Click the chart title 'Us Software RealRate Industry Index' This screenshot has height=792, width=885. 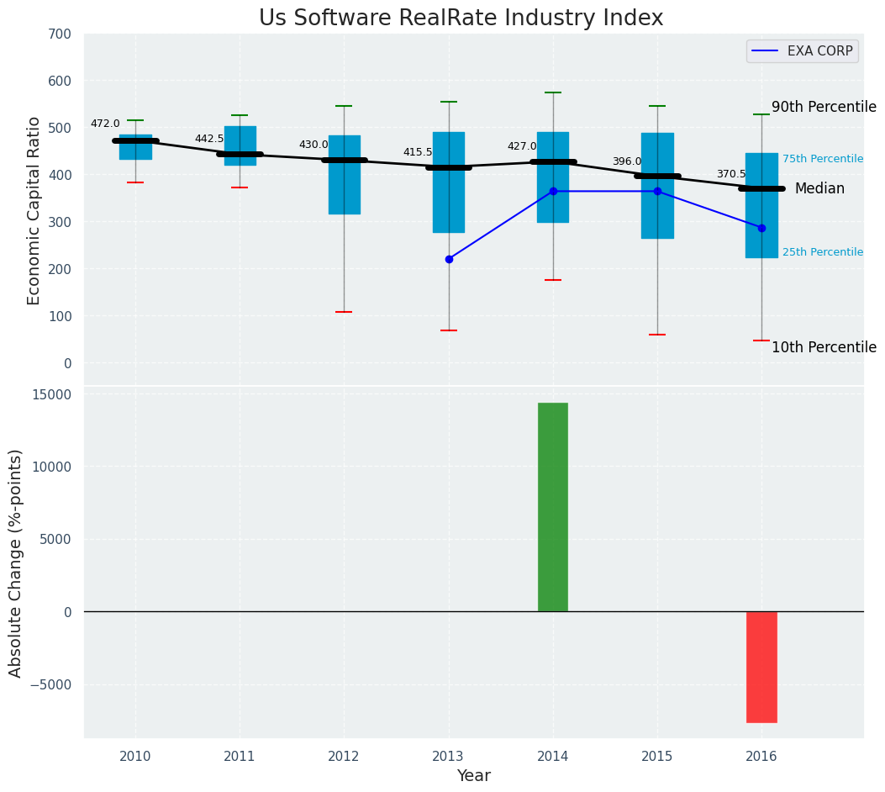click(461, 18)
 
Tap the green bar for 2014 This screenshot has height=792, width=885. click(553, 507)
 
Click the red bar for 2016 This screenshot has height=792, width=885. click(761, 667)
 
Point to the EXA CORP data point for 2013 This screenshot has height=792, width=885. click(449, 259)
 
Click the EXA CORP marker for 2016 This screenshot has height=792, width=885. click(761, 228)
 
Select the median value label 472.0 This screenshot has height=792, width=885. click(105, 124)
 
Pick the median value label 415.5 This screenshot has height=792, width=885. click(418, 153)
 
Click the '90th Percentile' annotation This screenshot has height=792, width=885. click(824, 108)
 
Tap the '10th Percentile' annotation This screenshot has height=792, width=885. click(824, 348)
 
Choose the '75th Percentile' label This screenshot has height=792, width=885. click(822, 159)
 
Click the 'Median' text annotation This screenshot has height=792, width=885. click(819, 189)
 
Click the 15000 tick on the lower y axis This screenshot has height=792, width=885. click(52, 394)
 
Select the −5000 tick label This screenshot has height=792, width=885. click(50, 684)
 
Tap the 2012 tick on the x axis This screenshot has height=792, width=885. click(344, 757)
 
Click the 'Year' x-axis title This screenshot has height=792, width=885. click(474, 776)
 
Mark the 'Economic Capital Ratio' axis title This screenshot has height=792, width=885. click(34, 210)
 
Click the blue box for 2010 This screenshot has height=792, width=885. click(135, 147)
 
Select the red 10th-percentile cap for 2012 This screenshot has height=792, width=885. click(344, 312)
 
